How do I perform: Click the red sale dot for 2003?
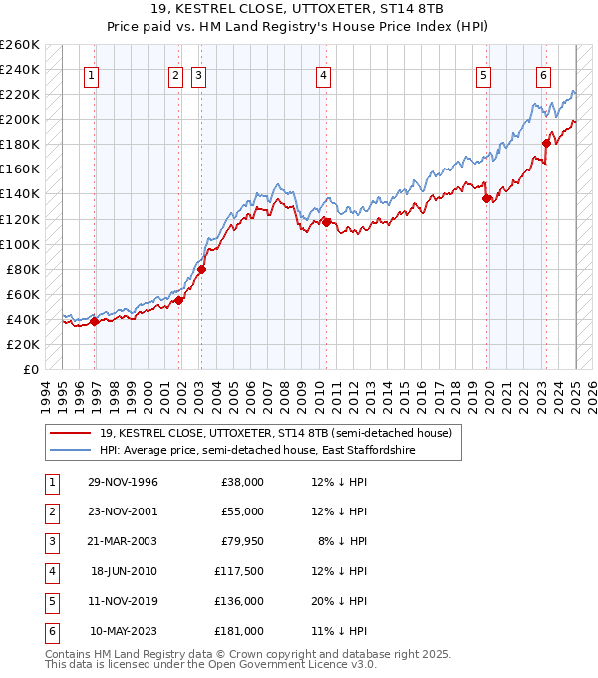[201, 269]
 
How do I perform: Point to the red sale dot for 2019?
[487, 198]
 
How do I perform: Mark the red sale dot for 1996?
[95, 321]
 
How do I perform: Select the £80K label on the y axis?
[23, 269]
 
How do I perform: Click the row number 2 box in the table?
[50, 511]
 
